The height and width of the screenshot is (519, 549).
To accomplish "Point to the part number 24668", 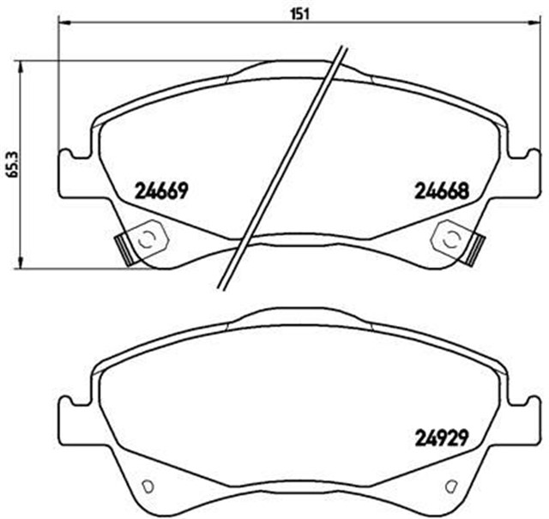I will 442,190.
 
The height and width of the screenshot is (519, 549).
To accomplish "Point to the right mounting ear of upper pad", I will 522,172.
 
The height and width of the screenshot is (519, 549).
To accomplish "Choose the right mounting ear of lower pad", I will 520,420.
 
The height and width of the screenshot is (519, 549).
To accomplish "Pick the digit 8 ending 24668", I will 463,190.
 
